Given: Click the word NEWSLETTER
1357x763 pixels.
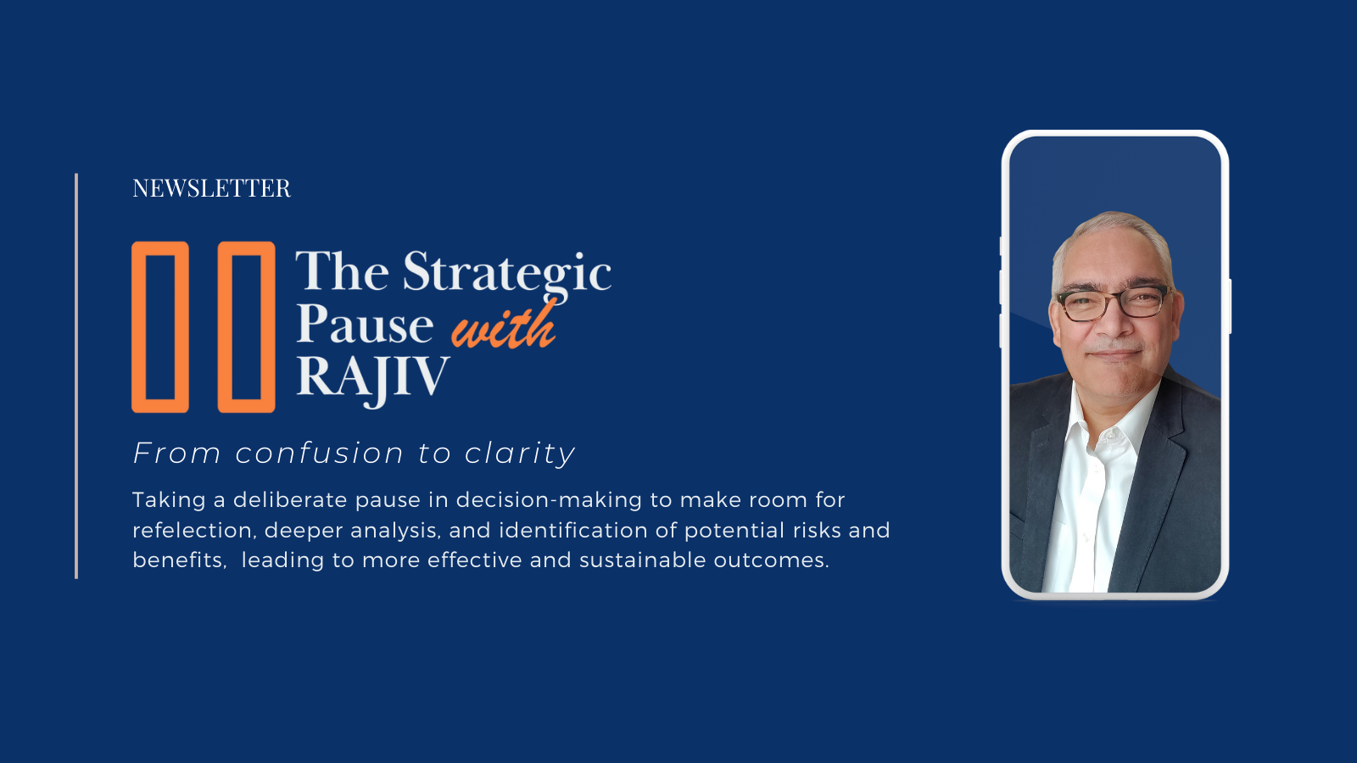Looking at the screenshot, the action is click(211, 188).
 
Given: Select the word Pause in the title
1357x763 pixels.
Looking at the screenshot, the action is click(365, 324).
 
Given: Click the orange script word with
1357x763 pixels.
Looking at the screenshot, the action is click(504, 325).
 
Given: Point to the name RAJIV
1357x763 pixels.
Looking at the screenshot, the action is click(372, 378).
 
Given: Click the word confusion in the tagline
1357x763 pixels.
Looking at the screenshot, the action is click(319, 454).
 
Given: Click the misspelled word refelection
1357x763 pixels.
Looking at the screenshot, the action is click(193, 531).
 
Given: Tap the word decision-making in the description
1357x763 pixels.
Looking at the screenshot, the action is click(549, 501).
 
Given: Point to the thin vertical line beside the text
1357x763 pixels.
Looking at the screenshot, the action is click(76, 376).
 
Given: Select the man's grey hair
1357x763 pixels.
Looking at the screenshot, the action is click(1114, 233).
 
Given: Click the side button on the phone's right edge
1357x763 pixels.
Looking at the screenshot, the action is click(1230, 306).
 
